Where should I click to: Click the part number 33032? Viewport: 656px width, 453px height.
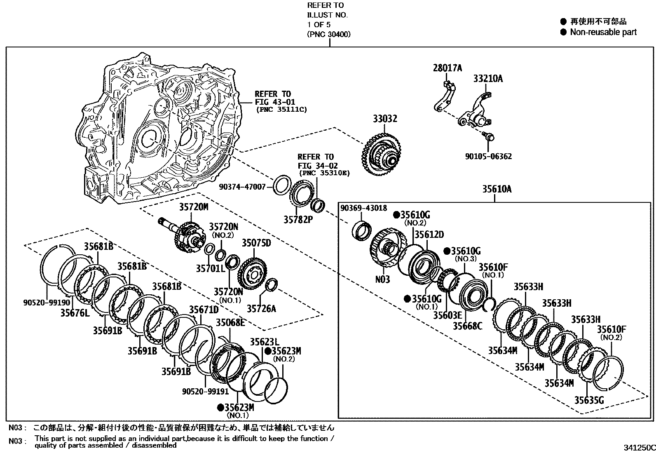coord(385,119)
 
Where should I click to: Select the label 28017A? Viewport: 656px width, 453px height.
coord(447,68)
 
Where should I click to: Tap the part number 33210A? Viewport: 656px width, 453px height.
coord(488,78)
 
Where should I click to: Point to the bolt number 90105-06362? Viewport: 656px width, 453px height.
coord(488,157)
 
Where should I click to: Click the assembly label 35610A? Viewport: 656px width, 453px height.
coord(497,189)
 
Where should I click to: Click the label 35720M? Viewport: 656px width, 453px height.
coord(193,207)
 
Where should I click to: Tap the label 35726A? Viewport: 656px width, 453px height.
coord(261,308)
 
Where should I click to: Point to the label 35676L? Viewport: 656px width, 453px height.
coord(75,313)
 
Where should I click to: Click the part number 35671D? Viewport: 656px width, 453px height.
coord(204,309)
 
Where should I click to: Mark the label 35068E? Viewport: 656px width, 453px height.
coord(230,323)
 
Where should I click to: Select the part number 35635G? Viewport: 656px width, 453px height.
coord(589,400)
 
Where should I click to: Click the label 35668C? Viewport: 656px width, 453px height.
coord(467,326)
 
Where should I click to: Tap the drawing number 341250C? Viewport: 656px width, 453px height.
coord(639,448)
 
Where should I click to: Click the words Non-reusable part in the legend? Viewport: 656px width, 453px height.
coord(603,32)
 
